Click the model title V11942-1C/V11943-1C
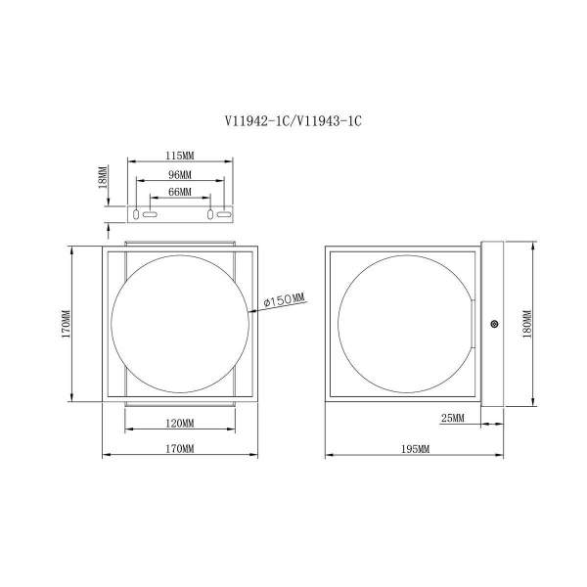pos(293,121)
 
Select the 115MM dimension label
pos(180,156)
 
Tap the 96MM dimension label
pos(180,175)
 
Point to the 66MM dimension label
pos(180,192)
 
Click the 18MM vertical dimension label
pos(104,177)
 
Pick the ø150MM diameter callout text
pos(285,300)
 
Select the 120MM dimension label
pos(180,424)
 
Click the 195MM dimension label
pos(415,449)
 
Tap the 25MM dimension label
pos(453,418)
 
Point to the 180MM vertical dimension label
pos(527,324)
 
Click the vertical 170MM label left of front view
pos(66,324)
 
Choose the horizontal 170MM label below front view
pos(180,448)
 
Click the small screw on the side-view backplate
pos(494,324)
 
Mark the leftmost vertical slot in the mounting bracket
pos(136,214)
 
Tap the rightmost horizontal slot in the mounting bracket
pos(224,214)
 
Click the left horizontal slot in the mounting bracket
pos(150,214)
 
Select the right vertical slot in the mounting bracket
pos(210,214)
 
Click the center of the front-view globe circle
pos(180,324)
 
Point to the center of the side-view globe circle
pos(407,324)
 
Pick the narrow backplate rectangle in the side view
pos(492,324)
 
